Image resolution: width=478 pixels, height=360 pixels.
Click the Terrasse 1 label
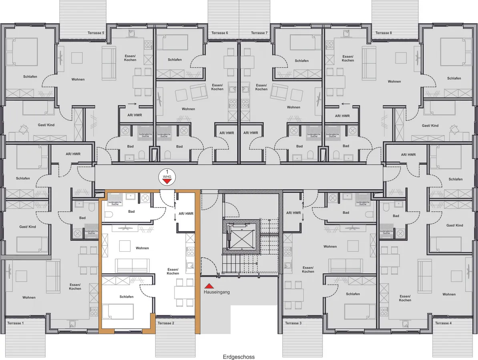tap(15, 322)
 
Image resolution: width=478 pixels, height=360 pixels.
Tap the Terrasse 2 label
tap(165, 323)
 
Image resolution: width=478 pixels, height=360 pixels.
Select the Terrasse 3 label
tap(293, 323)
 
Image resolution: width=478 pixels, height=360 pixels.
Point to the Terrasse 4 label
tap(443, 323)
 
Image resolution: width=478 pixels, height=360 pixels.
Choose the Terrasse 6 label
tap(220, 33)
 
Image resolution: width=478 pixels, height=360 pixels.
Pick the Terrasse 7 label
tap(259, 33)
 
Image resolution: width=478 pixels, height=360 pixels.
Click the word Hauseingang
tap(217, 292)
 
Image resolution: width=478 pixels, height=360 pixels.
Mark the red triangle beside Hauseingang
tap(209, 286)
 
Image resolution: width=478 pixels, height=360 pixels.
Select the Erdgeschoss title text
tap(239, 357)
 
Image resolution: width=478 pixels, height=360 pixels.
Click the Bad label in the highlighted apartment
tap(131, 212)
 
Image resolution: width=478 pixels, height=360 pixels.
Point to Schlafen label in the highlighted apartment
tap(127, 296)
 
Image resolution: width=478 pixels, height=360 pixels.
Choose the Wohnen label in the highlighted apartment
tap(142, 248)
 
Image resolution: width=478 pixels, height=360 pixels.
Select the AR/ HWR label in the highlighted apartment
tap(186, 214)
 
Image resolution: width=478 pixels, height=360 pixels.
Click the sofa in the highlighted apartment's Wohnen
tap(132, 264)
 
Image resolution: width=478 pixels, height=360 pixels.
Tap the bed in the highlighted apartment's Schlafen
tap(118, 311)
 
